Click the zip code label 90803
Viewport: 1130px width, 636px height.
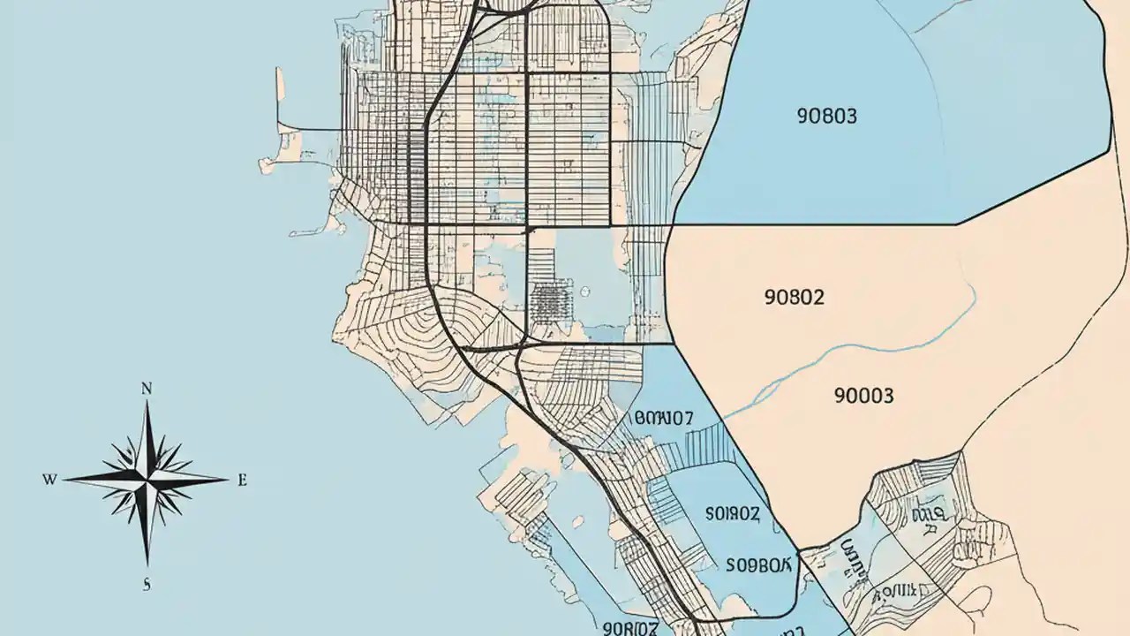coord(826,116)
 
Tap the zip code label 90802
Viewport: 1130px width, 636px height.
coord(793,297)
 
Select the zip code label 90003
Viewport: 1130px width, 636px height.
coord(863,395)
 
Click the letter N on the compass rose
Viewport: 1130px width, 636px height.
coord(147,388)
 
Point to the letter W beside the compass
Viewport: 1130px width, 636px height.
coord(49,480)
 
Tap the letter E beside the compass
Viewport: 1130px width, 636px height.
coord(242,481)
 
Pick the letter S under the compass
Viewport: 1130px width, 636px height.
coord(147,582)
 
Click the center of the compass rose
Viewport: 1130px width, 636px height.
coord(147,480)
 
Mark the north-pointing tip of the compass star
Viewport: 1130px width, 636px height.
coord(147,403)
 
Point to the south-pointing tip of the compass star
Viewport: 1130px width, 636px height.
coord(147,564)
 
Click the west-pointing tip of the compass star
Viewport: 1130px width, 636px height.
coord(65,480)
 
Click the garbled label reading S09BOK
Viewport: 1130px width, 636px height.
coord(760,564)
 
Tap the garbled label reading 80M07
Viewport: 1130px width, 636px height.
coord(664,418)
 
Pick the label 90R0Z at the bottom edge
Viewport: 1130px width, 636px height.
coord(630,627)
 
